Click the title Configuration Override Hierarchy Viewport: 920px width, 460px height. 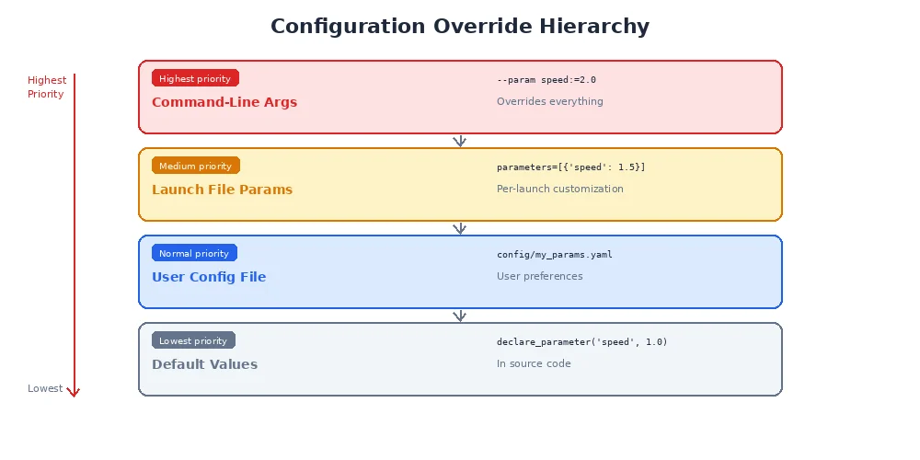pos(460,27)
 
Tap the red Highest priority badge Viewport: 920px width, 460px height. pos(195,78)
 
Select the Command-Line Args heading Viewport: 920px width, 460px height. pos(224,102)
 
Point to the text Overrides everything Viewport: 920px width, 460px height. pos(550,101)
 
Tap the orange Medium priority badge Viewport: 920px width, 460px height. pos(195,166)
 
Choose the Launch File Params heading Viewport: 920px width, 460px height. pos(222,190)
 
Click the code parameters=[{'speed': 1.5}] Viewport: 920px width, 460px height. pos(571,167)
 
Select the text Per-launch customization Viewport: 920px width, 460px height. pos(560,189)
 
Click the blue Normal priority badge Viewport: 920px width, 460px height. pos(194,253)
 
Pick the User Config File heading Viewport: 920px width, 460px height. pos(209,277)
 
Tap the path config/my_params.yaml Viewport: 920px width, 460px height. pos(555,255)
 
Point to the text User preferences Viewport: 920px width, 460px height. pos(540,276)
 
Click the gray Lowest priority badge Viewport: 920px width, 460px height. pos(193,340)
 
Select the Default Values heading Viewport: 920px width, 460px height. pos(204,364)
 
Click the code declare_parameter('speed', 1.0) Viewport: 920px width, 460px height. pos(582,342)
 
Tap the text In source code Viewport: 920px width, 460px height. pos(534,363)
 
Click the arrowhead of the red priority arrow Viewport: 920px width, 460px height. pos(74,393)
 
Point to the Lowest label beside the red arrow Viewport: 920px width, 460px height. pos(45,388)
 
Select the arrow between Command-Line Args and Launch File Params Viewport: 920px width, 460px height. pos(460,141)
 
